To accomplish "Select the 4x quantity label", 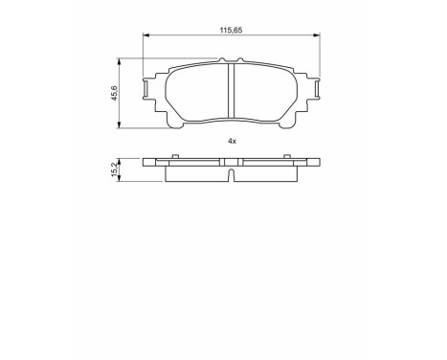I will pyautogui.click(x=232, y=140).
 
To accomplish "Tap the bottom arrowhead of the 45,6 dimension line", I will pyautogui.click(x=118, y=126).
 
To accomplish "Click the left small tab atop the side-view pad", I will pyautogui.click(x=175, y=154).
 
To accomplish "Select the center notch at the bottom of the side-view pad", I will pyautogui.click(x=233, y=174).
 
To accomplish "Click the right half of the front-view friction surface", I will pyautogui.click(x=266, y=97).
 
